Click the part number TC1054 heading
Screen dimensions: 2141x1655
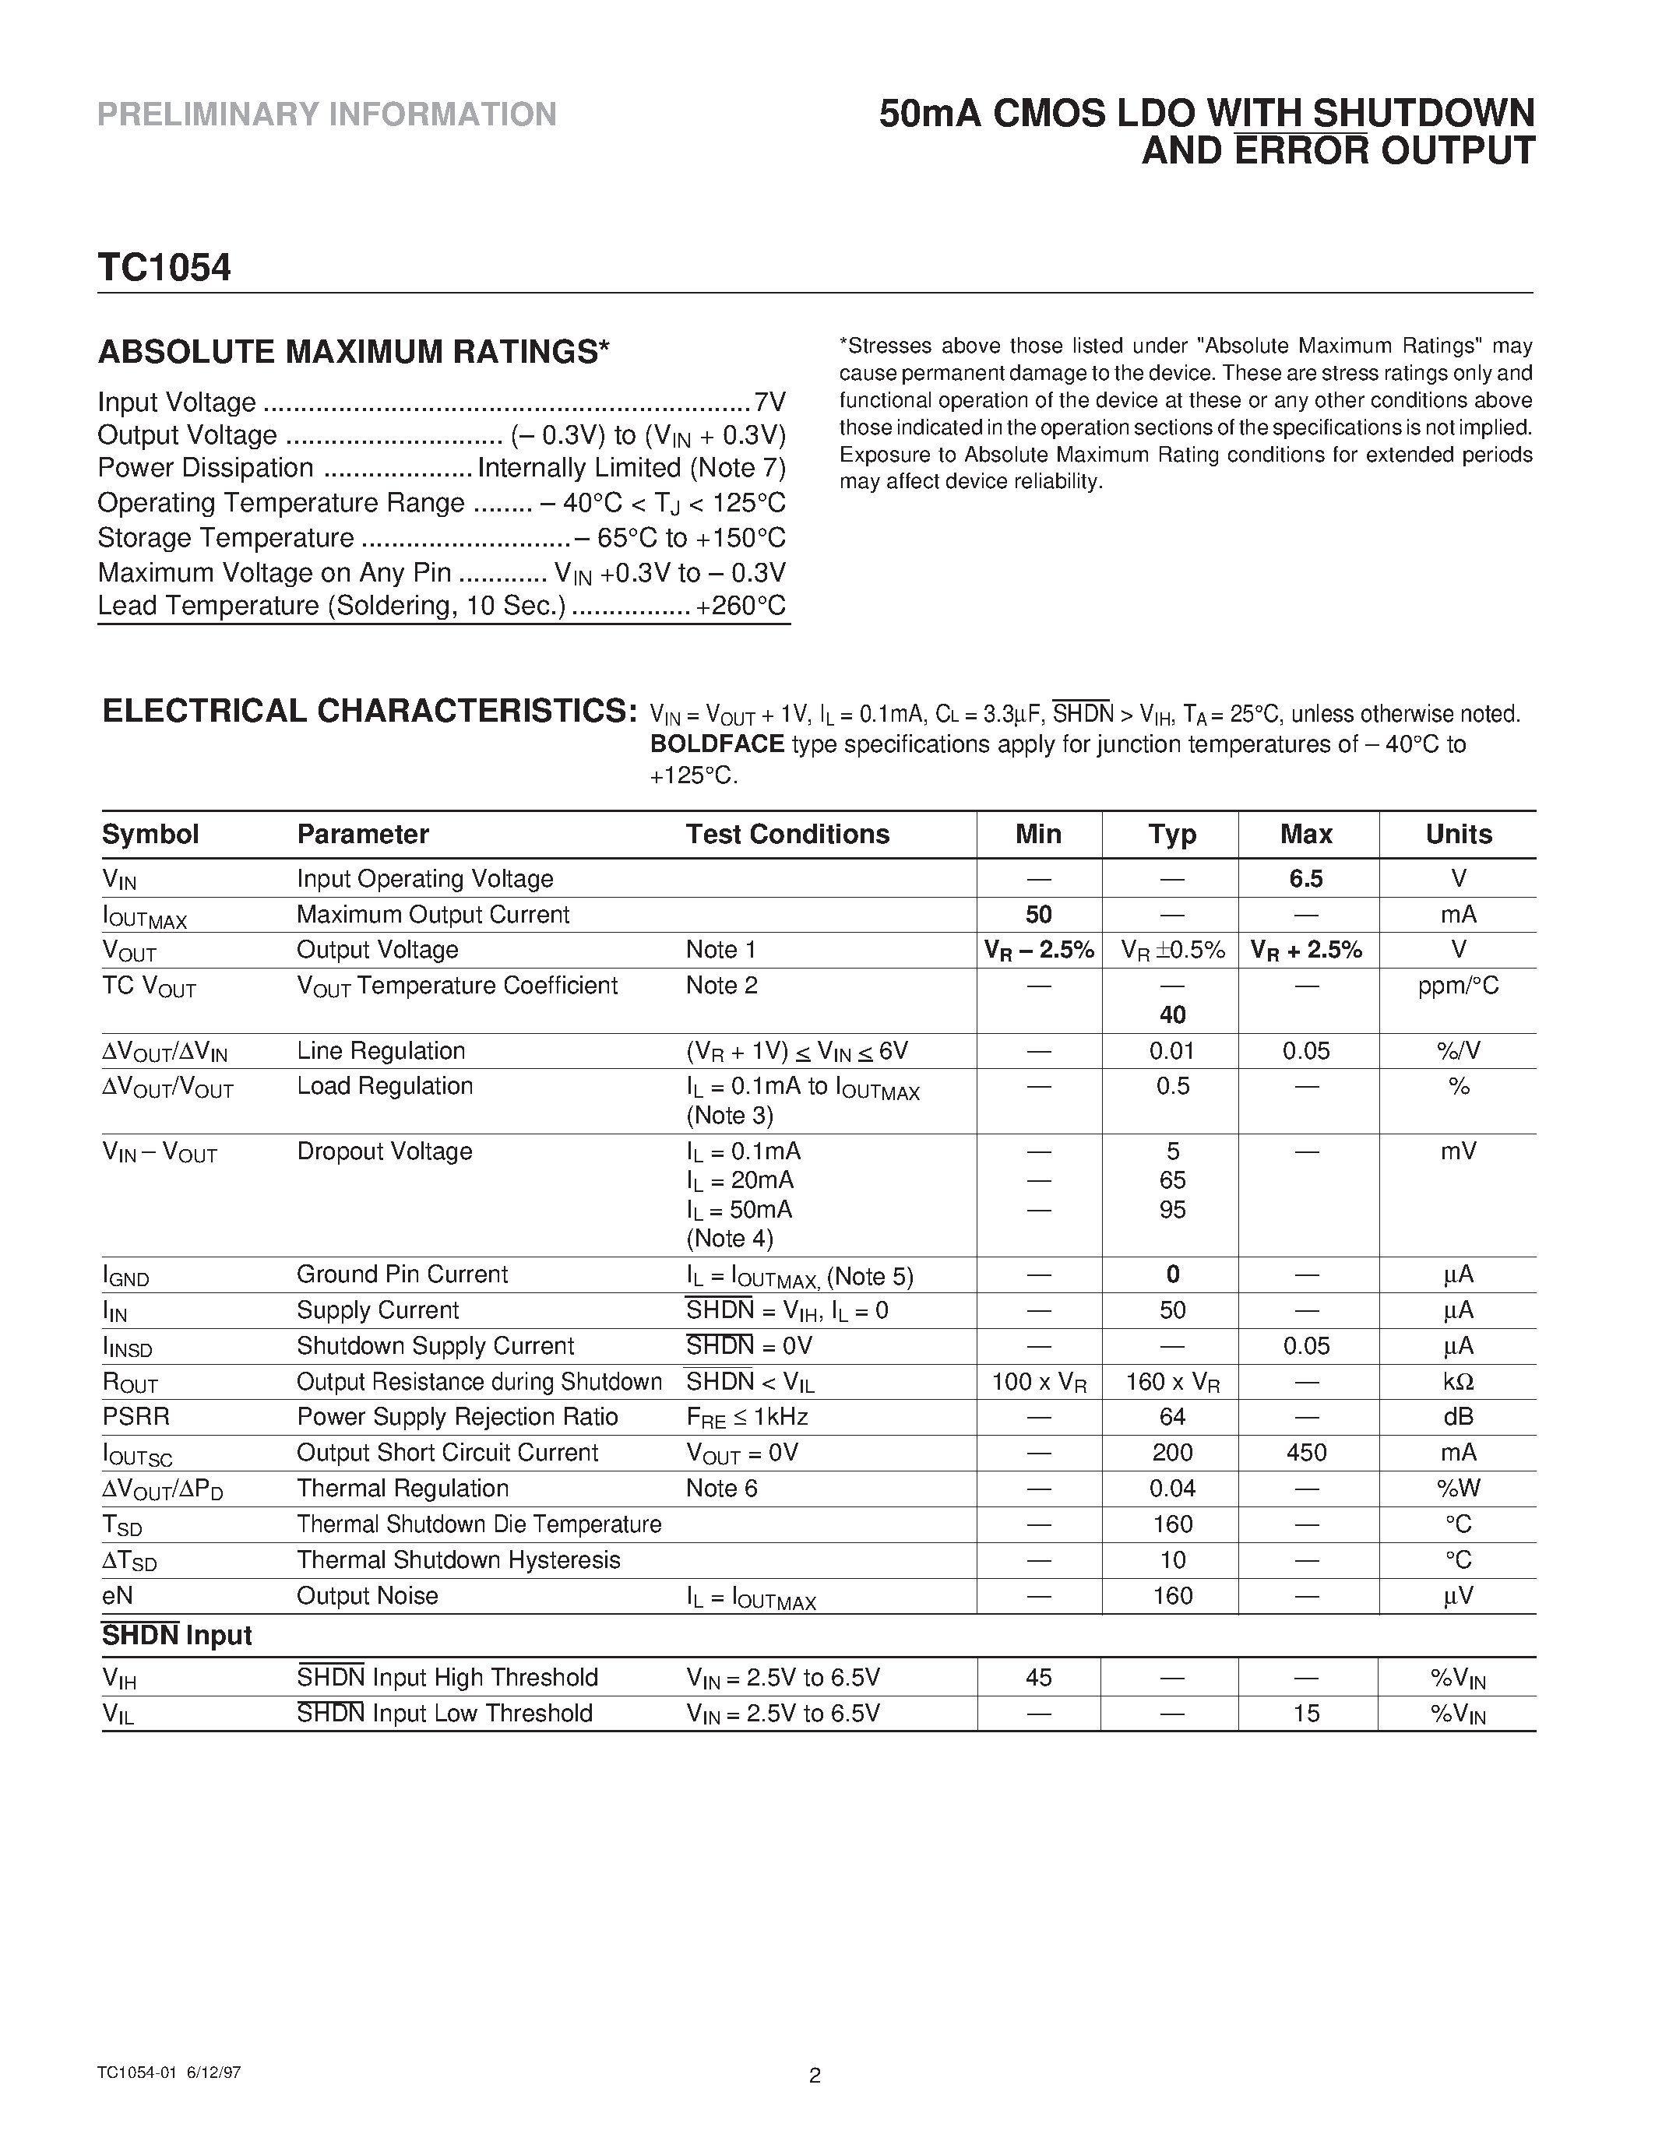point(164,268)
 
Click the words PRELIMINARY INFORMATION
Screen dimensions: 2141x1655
point(326,114)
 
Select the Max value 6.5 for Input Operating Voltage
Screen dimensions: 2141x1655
point(1306,878)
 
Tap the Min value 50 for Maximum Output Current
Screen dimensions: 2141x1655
point(1038,915)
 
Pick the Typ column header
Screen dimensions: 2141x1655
point(1171,835)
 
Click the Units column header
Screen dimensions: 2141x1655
point(1458,835)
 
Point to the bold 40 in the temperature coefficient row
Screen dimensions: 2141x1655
point(1171,1014)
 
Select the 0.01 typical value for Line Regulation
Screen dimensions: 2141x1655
point(1171,1051)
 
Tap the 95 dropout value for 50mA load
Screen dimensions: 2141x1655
point(1171,1210)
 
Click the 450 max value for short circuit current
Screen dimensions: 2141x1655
point(1306,1452)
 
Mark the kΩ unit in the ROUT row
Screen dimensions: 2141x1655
point(1458,1381)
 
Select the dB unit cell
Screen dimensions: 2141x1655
point(1458,1416)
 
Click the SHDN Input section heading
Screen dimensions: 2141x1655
point(178,1635)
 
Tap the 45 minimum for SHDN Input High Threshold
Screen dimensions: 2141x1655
point(1038,1677)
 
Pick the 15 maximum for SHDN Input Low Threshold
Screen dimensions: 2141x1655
point(1306,1713)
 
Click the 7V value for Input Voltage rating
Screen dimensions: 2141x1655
point(769,402)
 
